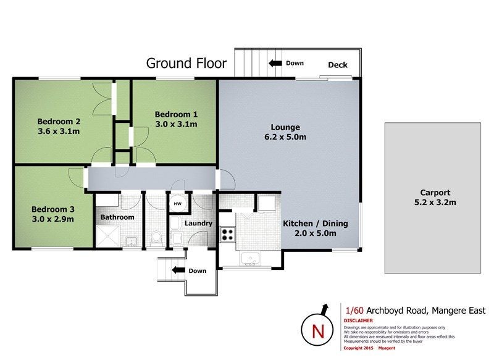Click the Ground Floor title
(186, 64)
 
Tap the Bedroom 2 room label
(59, 121)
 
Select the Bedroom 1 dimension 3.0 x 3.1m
(176, 124)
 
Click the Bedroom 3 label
(53, 209)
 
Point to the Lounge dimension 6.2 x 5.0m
(285, 137)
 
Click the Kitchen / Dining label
(316, 224)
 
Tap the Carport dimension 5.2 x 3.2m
(435, 202)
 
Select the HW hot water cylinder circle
(178, 203)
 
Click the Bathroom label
(117, 217)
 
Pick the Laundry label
(198, 224)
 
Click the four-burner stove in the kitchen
(227, 234)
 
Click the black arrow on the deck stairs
(275, 64)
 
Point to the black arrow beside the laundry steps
(178, 270)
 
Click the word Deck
(338, 65)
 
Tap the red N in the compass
(318, 332)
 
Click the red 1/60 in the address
(354, 311)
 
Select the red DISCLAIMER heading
(358, 320)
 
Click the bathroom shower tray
(107, 237)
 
